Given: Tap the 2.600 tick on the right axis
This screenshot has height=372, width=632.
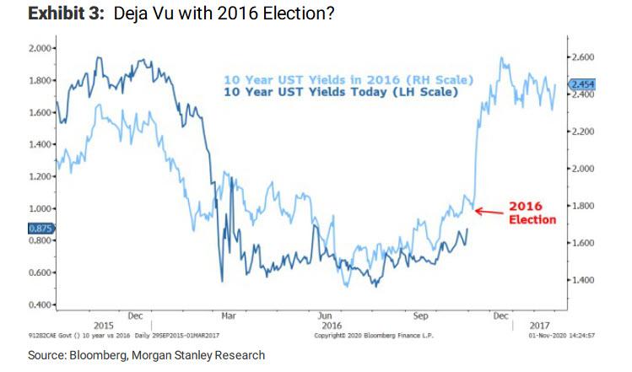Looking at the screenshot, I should pyautogui.click(x=585, y=57).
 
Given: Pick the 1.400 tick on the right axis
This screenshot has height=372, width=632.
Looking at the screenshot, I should pyautogui.click(x=585, y=280).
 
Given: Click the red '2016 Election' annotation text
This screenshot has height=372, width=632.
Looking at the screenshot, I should pyautogui.click(x=532, y=213).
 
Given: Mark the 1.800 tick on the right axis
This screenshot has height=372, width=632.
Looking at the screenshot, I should pyautogui.click(x=585, y=206).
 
